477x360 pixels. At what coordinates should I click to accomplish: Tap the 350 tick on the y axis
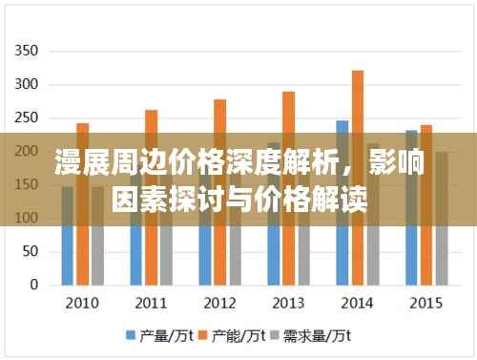click(27, 51)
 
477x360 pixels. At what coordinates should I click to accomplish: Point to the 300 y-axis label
click(27, 84)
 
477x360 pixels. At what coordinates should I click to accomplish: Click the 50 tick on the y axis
click(31, 251)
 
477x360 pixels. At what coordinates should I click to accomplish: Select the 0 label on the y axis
click(34, 285)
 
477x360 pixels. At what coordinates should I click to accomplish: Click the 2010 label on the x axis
click(81, 304)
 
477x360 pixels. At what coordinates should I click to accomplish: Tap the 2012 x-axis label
click(219, 304)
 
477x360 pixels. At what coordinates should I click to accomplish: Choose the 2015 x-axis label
click(425, 304)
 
